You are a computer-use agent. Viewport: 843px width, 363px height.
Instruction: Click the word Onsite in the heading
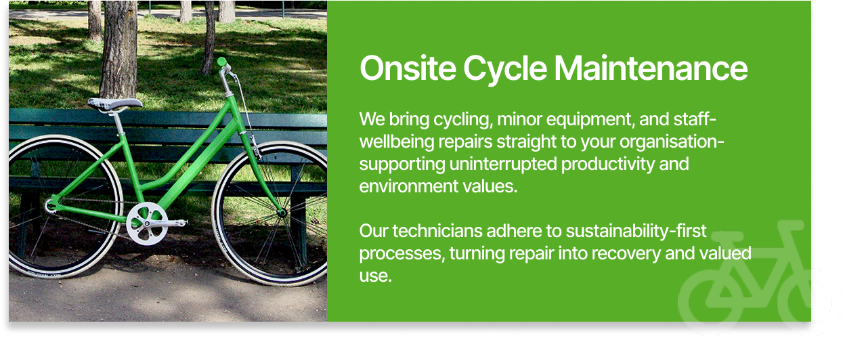(408, 68)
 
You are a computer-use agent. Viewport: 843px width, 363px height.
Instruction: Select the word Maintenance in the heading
(651, 68)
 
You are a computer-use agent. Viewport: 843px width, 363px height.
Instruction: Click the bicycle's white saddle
(115, 104)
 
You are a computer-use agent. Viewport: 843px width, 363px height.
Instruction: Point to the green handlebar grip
(221, 62)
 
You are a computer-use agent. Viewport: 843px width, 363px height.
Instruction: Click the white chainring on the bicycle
(147, 223)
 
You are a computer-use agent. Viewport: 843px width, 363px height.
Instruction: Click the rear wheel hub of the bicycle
(50, 206)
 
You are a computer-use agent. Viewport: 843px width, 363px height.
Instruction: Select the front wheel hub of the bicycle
(282, 213)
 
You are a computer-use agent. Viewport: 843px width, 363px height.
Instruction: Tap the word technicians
(437, 231)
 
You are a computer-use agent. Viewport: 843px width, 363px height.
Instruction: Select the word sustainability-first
(636, 231)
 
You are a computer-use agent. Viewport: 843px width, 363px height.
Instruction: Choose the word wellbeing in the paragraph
(397, 142)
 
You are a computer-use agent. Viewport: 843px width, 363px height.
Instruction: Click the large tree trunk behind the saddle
(119, 49)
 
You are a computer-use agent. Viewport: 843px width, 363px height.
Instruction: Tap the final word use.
(375, 276)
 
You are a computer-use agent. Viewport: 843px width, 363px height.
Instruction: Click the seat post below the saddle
(119, 123)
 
